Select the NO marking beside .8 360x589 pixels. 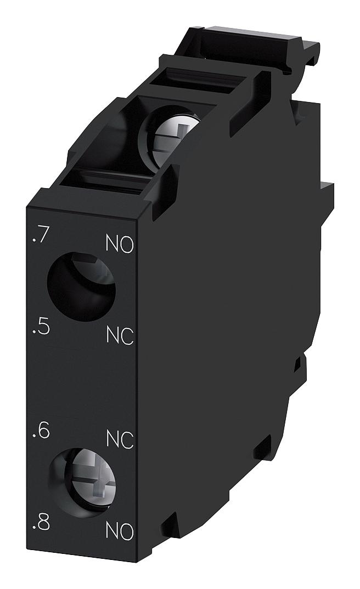119,530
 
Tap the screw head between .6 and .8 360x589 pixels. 83,482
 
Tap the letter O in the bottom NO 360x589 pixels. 126,530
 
